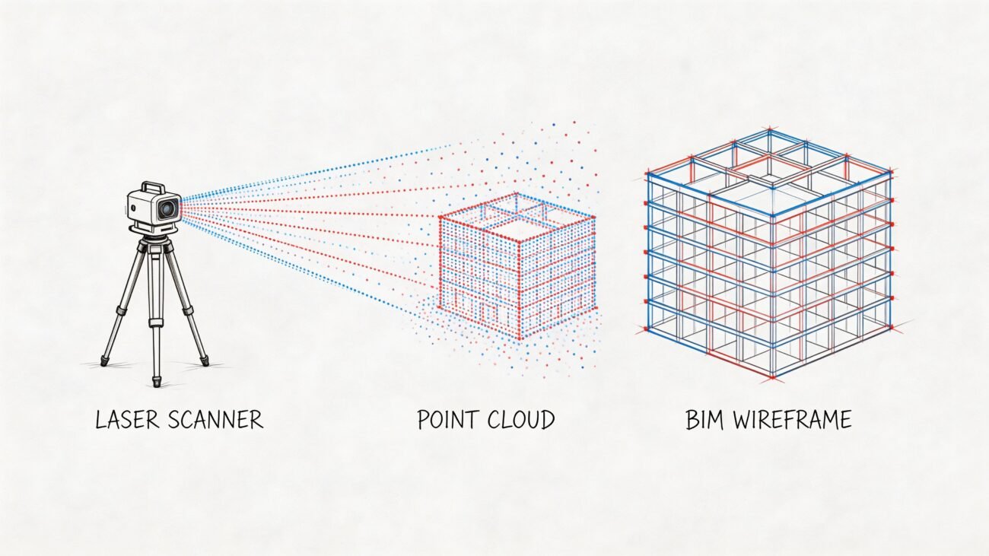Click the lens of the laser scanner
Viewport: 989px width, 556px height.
(x=168, y=207)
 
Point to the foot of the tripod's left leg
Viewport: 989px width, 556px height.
(x=105, y=361)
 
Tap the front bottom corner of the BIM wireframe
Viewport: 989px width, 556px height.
(x=772, y=376)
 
